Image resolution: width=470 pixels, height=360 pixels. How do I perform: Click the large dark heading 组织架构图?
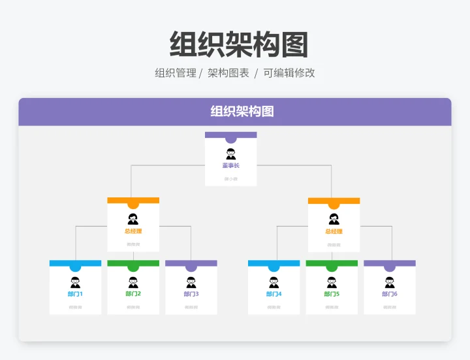(x=238, y=44)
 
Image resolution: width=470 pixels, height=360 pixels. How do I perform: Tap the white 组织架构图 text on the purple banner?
(x=242, y=112)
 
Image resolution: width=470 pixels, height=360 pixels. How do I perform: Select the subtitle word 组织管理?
(x=175, y=73)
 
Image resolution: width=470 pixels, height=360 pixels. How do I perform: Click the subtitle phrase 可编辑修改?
(x=289, y=73)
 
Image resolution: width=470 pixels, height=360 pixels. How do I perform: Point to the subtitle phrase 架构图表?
(x=228, y=73)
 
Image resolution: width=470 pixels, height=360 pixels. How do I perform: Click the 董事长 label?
(x=230, y=166)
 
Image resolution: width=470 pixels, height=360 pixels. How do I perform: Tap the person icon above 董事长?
(x=230, y=154)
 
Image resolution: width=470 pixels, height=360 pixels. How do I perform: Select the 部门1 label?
(x=75, y=294)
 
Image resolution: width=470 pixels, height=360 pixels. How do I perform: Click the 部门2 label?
(x=133, y=294)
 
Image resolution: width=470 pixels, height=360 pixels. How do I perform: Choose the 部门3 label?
(x=191, y=294)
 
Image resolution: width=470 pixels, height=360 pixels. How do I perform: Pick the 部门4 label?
(x=274, y=294)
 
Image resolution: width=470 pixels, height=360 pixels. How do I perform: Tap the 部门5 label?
(x=332, y=294)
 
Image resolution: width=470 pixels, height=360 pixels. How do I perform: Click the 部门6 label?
(x=390, y=294)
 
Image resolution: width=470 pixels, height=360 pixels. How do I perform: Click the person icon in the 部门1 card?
(x=75, y=282)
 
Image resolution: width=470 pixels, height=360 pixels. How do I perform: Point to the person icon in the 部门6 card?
(x=390, y=282)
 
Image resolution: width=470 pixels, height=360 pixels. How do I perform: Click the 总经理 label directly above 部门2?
(x=133, y=231)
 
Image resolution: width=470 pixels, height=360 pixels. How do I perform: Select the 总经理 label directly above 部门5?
(x=334, y=231)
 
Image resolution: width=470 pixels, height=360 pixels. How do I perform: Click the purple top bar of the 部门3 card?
(x=176, y=263)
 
